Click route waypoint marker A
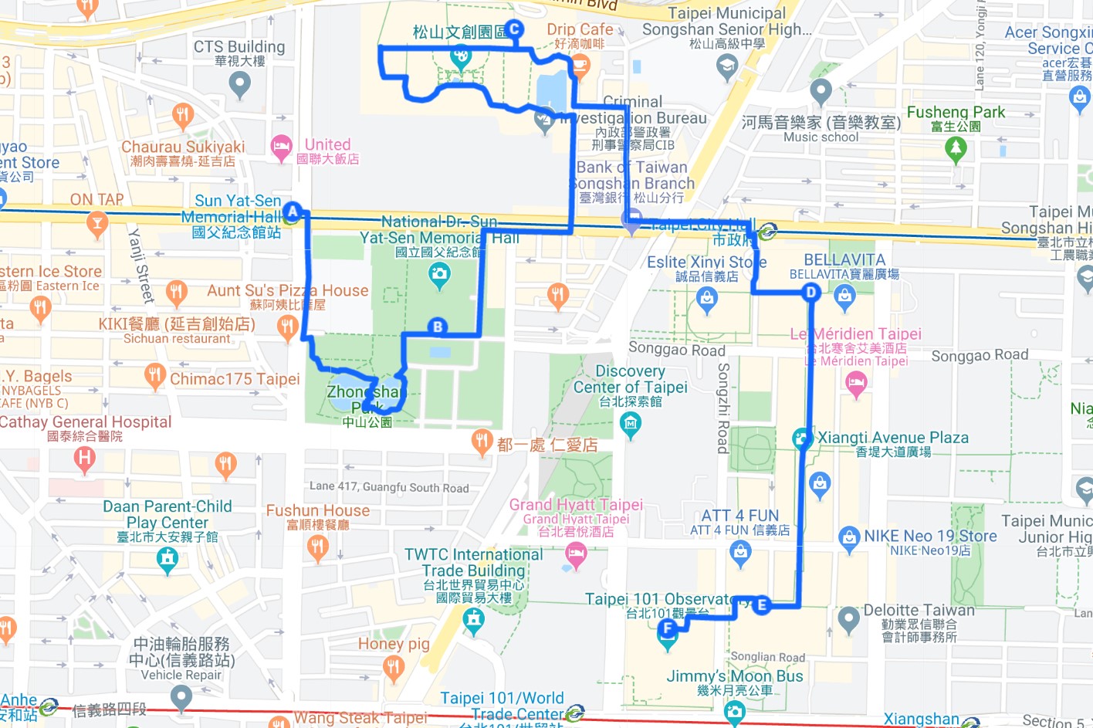pos(292,211)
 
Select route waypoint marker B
pos(438,327)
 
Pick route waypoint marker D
pos(810,292)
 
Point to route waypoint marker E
pos(762,604)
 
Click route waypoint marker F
pos(668,629)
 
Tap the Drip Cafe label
pos(580,29)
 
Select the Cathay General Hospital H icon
pos(84,459)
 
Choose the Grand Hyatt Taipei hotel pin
pos(576,553)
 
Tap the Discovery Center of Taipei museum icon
pos(631,423)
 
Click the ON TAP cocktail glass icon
pos(96,224)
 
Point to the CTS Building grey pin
pos(239,83)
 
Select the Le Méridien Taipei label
pos(855,334)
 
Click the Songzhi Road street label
pos(723,408)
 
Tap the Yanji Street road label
pos(140,265)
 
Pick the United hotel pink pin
pos(281,145)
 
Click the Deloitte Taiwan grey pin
pos(848,618)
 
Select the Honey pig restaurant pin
pos(394,668)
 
